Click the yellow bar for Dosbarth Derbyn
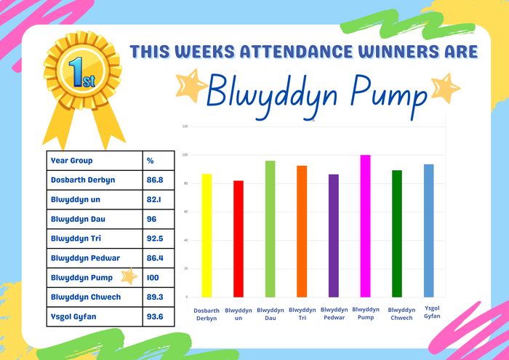[207, 236]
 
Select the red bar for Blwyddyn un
[239, 239]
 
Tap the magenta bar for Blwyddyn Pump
[365, 226]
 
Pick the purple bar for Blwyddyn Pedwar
[334, 236]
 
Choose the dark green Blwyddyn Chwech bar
[397, 233]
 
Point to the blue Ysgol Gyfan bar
[428, 231]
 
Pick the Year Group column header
[72, 160]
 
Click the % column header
[150, 161]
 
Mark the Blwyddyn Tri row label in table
[76, 239]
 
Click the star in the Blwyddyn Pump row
[129, 276]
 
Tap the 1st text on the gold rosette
[81, 73]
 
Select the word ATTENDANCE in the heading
[294, 52]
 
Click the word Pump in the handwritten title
[388, 95]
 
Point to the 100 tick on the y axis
[185, 155]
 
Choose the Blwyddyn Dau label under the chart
[270, 314]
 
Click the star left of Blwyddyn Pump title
[191, 85]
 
